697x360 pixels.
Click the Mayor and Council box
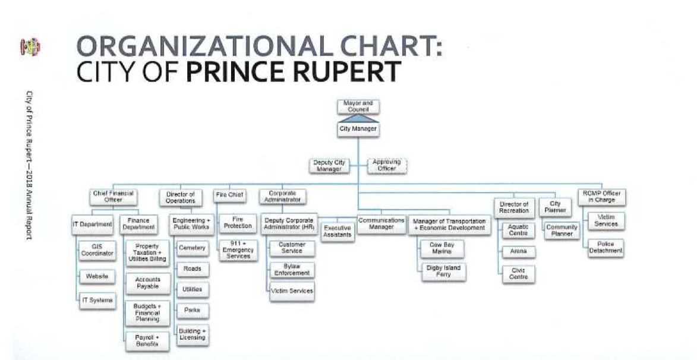358,106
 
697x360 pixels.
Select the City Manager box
358,129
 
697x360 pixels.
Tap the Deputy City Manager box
328,165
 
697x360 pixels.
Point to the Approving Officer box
386,165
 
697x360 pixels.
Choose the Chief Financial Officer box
113,196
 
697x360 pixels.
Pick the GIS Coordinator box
97,250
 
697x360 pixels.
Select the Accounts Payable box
147,282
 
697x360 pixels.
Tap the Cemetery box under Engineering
193,248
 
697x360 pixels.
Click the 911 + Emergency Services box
237,250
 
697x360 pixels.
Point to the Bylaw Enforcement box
292,270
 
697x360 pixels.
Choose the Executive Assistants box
338,231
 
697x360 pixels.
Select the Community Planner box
562,230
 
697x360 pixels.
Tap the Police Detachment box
605,248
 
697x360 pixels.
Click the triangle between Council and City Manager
358,118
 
